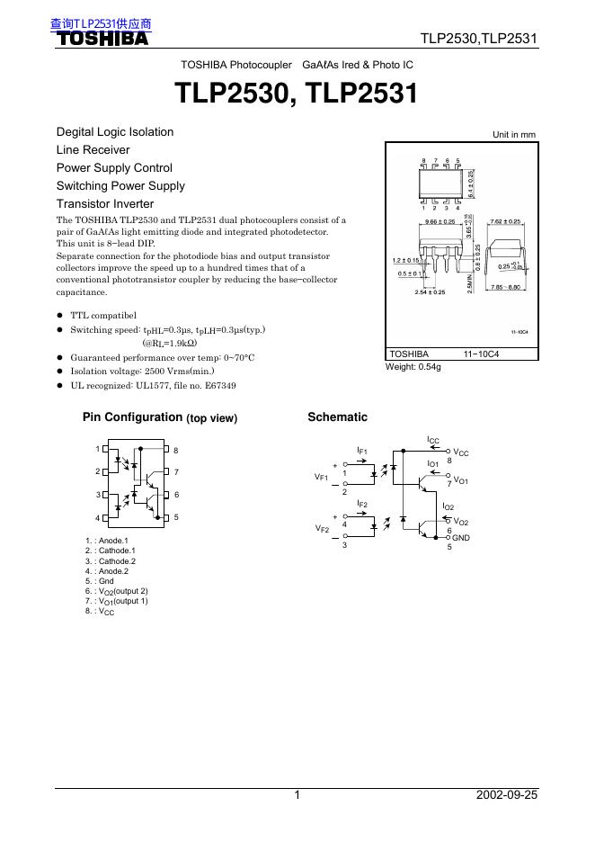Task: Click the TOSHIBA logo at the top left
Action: [103, 40]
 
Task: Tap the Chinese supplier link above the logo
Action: [101, 24]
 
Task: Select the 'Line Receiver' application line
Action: [93, 150]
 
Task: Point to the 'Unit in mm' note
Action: [513, 135]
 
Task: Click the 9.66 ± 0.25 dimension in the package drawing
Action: [441, 221]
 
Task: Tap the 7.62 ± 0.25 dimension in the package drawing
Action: [505, 221]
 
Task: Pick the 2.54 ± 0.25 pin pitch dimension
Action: [430, 292]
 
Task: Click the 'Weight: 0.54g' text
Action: [413, 367]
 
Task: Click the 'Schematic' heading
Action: [337, 417]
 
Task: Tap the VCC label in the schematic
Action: [461, 453]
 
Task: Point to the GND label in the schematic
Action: [461, 537]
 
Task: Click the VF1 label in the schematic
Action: [321, 477]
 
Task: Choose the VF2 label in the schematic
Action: [321, 530]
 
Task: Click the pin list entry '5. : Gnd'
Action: [100, 581]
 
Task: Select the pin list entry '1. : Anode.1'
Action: [107, 541]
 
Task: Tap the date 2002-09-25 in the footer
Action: [506, 795]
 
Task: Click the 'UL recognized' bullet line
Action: [153, 386]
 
